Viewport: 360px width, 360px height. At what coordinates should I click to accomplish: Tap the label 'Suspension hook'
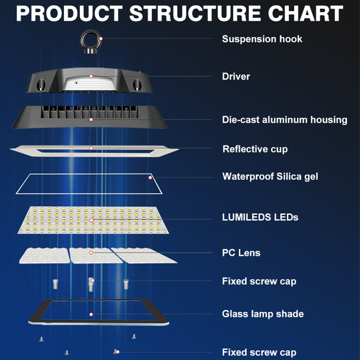(x=262, y=39)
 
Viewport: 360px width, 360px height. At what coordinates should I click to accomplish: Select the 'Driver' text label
(x=236, y=76)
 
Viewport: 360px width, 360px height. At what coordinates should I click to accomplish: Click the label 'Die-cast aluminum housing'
(x=285, y=120)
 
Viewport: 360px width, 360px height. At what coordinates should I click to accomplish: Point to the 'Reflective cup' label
(x=255, y=149)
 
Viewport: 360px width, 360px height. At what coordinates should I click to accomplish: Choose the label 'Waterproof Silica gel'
(x=270, y=176)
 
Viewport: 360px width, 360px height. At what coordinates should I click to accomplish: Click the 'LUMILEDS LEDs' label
(x=260, y=217)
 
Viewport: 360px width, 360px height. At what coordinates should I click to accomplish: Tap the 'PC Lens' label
(x=241, y=252)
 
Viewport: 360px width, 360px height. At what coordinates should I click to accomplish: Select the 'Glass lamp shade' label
(x=263, y=314)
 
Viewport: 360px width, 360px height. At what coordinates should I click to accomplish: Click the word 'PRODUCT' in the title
(x=70, y=13)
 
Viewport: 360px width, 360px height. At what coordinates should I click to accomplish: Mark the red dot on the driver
(x=91, y=76)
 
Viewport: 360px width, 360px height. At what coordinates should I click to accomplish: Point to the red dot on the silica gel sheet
(x=150, y=177)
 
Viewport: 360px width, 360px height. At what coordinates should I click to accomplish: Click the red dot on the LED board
(x=91, y=220)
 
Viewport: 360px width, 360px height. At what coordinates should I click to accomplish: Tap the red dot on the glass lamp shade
(x=91, y=314)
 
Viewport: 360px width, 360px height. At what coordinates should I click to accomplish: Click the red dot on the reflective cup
(x=91, y=148)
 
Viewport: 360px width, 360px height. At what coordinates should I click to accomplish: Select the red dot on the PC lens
(x=91, y=252)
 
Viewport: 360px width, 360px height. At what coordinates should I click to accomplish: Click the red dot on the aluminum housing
(x=91, y=120)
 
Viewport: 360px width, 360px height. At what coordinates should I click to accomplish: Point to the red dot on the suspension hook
(x=101, y=38)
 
